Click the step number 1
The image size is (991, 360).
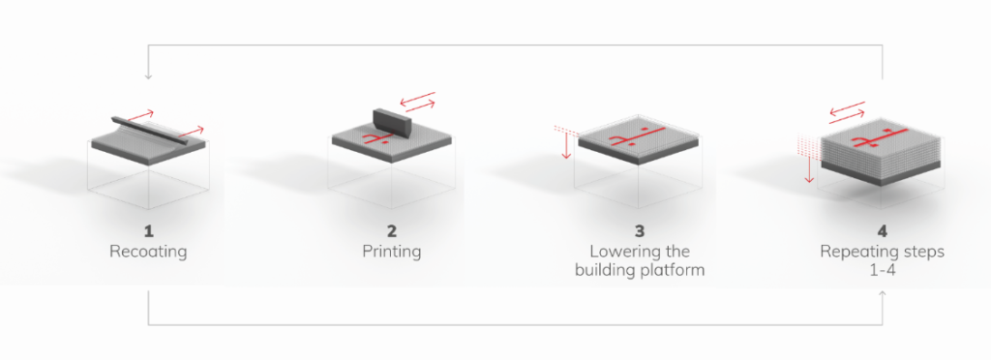[148, 232]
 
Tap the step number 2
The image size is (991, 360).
[392, 232]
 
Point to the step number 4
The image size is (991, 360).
[883, 232]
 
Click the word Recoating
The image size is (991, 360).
[148, 252]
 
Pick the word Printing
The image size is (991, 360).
[392, 252]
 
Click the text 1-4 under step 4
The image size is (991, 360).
[883, 270]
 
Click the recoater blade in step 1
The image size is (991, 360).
[150, 131]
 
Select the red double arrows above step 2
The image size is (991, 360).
[418, 102]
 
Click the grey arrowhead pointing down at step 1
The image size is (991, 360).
[148, 76]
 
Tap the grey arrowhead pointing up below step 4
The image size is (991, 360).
[883, 293]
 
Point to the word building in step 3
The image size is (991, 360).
[606, 271]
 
